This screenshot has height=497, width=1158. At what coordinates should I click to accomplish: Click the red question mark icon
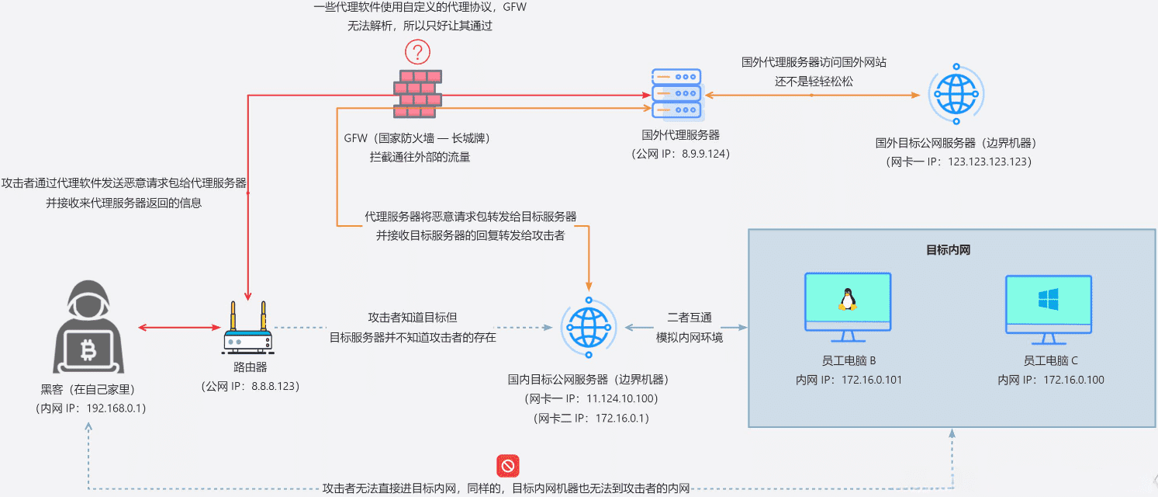(417, 53)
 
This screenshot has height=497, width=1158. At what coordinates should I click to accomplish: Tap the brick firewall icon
(417, 94)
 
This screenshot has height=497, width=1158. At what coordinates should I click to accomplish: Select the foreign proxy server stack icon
(676, 94)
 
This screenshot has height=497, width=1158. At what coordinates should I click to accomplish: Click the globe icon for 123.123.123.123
(956, 94)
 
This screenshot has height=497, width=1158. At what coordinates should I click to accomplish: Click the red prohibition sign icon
(508, 466)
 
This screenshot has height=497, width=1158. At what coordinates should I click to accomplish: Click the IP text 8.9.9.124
(704, 154)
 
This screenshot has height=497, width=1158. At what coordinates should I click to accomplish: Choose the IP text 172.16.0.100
(1073, 380)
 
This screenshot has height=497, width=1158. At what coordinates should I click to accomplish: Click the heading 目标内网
(948, 250)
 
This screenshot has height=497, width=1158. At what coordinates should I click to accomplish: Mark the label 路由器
(250, 367)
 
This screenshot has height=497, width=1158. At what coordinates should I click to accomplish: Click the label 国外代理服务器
(680, 135)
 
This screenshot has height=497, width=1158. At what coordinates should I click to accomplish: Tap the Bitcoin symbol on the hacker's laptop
(88, 352)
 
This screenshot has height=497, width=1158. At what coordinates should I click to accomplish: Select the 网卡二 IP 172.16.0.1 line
(592, 418)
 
